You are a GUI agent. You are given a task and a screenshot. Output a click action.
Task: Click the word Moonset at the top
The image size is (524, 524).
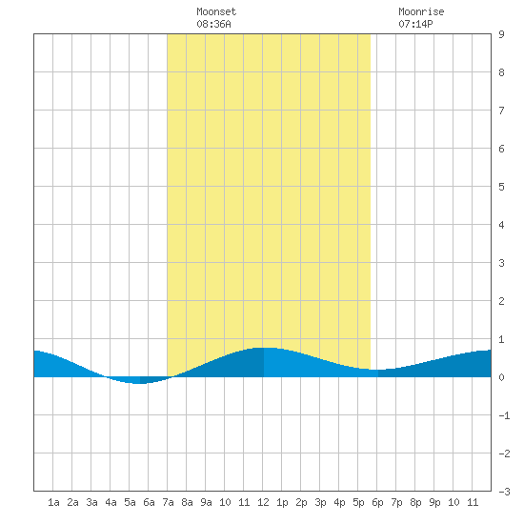[x=216, y=11]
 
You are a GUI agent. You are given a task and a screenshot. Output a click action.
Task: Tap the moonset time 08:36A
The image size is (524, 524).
[x=213, y=24]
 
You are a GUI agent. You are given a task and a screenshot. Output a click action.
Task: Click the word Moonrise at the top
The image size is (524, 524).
[x=421, y=11]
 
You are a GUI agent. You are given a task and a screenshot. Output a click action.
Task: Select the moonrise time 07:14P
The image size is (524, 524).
[x=415, y=24]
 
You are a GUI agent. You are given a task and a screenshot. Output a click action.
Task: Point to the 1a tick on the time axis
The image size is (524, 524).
[x=53, y=502]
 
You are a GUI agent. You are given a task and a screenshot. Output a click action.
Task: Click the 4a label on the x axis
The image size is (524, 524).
[x=111, y=502]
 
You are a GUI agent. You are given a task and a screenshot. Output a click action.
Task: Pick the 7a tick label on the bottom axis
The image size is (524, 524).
[x=168, y=502]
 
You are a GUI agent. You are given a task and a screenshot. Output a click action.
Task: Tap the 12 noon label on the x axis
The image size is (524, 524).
[x=263, y=502]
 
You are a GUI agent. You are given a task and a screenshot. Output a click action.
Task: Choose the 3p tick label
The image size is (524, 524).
[x=320, y=502]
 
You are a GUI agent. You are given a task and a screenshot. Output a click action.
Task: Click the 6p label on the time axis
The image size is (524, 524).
[x=377, y=502]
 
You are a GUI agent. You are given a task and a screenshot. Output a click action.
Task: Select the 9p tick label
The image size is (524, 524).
[x=434, y=502]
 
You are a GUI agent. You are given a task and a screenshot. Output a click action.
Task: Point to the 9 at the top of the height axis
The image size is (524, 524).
[x=501, y=34]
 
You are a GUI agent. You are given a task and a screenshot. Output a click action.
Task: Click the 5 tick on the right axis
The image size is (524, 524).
[x=501, y=187]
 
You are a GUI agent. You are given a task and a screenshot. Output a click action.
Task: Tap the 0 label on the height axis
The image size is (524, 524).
[x=501, y=377]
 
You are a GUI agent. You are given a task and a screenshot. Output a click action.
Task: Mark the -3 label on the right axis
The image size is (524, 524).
[x=504, y=492]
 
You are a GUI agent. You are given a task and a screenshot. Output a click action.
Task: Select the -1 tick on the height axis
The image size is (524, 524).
[x=504, y=415]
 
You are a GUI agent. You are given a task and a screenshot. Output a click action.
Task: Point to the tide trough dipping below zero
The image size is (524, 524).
[x=139, y=383]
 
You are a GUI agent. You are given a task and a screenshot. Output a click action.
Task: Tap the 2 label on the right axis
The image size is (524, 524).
[x=501, y=301]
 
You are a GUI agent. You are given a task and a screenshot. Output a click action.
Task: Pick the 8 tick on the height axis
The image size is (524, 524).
[x=501, y=72]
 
